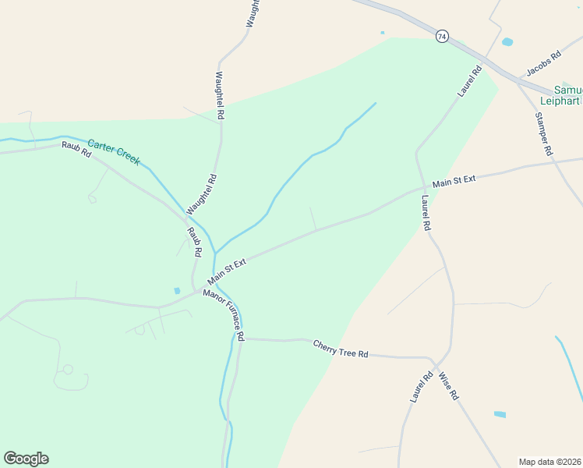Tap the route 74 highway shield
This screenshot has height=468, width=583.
pos(442,37)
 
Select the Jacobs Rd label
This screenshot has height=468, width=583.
pos(543,64)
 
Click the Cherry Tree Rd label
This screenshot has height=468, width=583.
pos(340,349)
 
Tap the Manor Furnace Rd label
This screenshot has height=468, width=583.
pos(224,314)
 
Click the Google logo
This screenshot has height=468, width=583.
pos(26,459)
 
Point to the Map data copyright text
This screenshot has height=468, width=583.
pos(550,462)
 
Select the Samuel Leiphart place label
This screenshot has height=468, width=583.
pos(568,94)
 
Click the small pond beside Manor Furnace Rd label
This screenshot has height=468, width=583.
pos(177,291)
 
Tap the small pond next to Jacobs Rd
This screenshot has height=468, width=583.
pos(507,41)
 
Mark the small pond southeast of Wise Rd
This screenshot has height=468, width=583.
pos(500,414)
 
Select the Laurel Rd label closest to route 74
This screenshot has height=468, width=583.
pos(470,81)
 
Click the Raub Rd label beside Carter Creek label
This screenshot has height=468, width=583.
pos(76,149)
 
